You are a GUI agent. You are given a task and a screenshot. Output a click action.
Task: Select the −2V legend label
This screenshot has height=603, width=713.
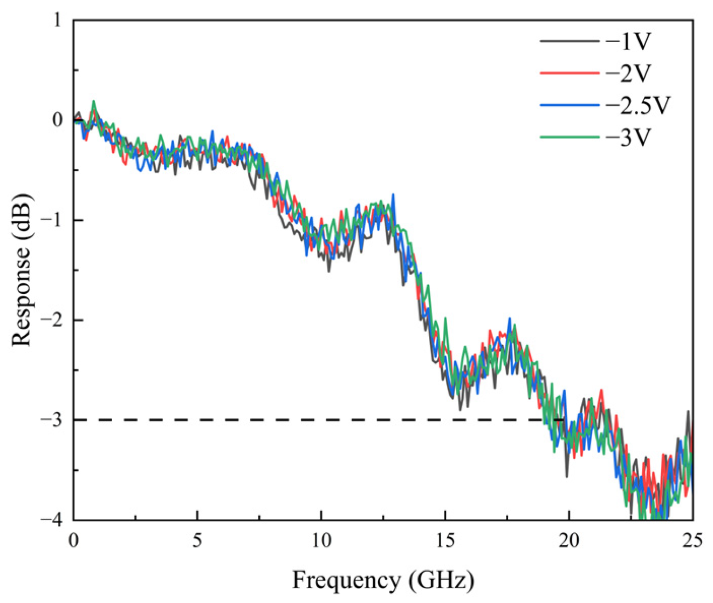(628, 73)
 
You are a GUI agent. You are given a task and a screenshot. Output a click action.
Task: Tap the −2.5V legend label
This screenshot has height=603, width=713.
(637, 105)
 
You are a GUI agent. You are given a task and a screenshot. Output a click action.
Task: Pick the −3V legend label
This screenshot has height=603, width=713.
(628, 137)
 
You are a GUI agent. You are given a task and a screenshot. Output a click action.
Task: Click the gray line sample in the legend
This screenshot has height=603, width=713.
(570, 42)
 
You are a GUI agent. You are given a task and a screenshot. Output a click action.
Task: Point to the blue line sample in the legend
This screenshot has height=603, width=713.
(570, 105)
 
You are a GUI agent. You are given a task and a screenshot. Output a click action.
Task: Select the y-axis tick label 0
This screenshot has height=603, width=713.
(58, 120)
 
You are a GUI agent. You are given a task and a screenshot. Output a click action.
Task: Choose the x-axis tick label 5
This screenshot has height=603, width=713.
(197, 540)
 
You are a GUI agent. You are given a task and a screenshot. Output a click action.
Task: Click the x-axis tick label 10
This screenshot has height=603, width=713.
(321, 540)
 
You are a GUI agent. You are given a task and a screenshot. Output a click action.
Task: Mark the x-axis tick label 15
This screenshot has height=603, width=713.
(445, 540)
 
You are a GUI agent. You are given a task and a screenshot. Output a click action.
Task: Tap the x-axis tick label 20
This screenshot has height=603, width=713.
(569, 540)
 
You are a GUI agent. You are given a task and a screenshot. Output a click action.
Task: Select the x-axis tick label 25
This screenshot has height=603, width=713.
(693, 540)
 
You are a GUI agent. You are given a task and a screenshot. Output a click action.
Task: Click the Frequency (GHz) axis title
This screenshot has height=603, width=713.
(383, 581)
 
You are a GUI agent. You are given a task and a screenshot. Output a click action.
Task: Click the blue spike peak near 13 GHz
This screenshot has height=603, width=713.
(393, 194)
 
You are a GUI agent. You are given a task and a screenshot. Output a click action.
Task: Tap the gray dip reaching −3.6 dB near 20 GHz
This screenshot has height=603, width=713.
(566, 476)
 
